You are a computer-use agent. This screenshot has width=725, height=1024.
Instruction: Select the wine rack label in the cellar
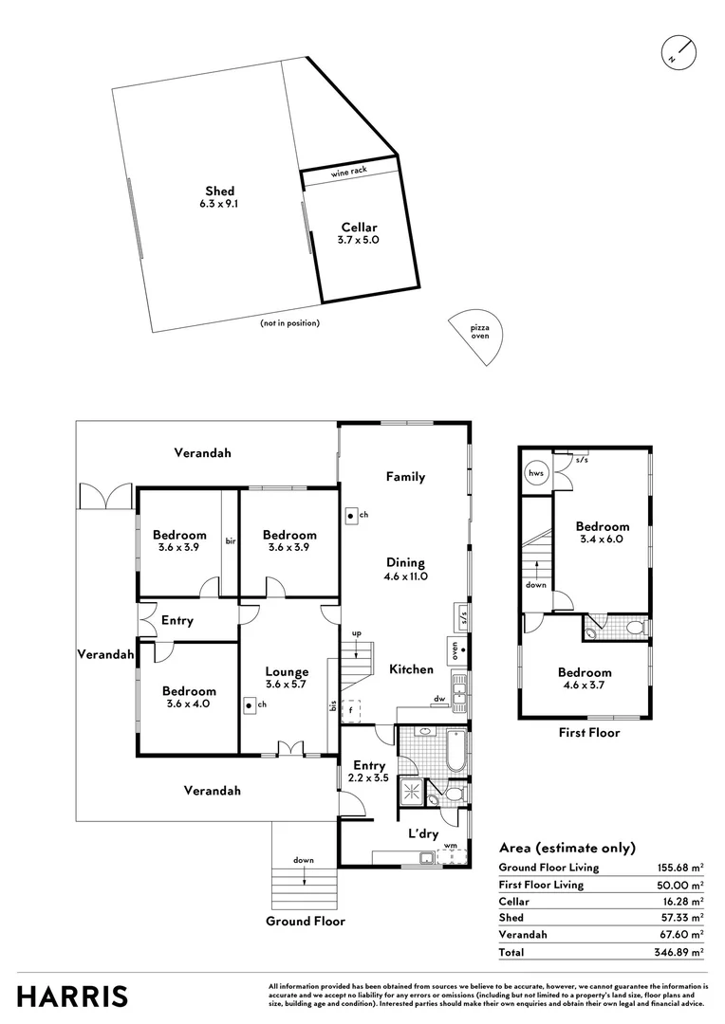(348, 173)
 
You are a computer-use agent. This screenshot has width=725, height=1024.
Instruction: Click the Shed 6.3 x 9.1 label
(220, 196)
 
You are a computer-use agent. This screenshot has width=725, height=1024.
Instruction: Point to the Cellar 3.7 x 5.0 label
(358, 234)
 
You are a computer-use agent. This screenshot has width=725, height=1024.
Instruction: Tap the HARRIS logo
(72, 996)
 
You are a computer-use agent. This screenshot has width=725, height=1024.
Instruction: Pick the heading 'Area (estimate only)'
(567, 848)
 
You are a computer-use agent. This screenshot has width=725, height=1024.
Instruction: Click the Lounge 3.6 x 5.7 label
(287, 678)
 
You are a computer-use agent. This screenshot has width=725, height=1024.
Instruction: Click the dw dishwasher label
(439, 700)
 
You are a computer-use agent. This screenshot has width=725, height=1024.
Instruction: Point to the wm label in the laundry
(451, 845)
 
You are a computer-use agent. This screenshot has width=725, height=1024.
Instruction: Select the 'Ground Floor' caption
(305, 921)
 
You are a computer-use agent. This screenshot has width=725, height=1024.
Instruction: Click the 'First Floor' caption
(589, 732)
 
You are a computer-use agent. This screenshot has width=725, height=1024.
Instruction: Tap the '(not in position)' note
(289, 323)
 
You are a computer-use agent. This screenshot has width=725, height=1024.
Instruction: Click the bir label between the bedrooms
(230, 541)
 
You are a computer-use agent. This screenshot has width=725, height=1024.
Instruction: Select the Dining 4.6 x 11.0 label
(405, 569)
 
